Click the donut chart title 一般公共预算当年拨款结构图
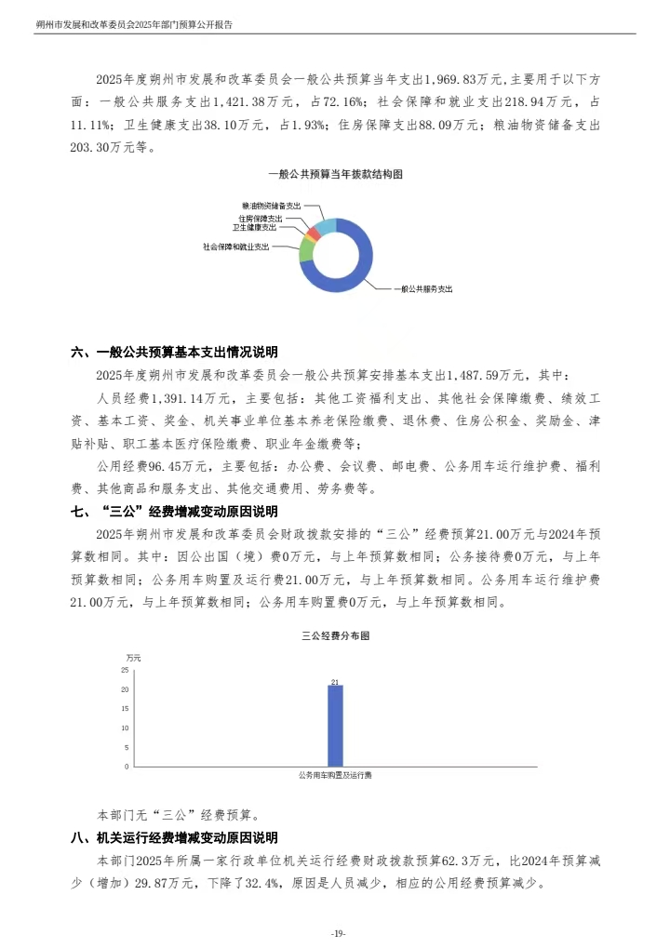coord(334,174)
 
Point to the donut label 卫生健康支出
coord(254,227)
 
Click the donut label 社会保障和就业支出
coord(235,247)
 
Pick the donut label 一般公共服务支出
coord(423,289)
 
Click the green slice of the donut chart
coord(306,248)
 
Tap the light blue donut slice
coord(326,225)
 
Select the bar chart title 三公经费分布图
coord(335,637)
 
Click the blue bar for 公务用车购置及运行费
coord(335,726)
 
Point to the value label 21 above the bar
coord(335,681)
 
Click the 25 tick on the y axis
coord(125,670)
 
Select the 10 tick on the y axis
coord(125,728)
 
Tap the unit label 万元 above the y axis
coord(133,658)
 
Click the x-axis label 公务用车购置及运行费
coord(335,774)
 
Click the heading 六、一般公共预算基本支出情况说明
coord(174,353)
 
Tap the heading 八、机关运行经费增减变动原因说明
coord(174,838)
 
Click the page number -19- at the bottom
coord(336,933)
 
